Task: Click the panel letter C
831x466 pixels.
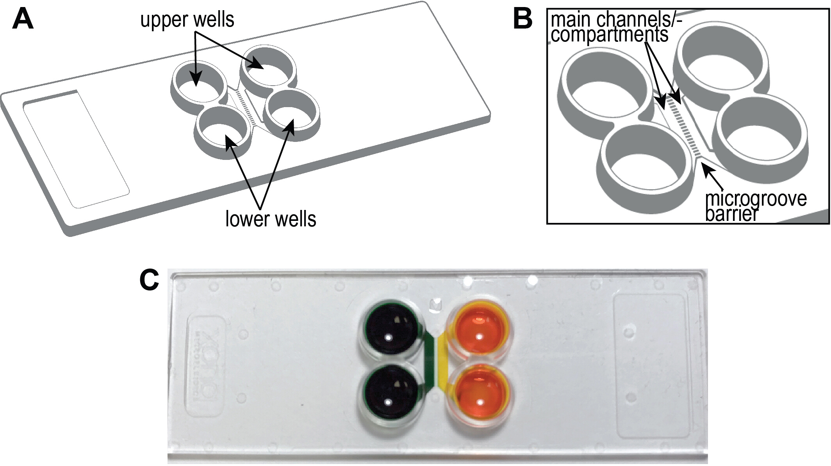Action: pos(149,280)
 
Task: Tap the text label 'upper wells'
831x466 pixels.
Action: pos(187,20)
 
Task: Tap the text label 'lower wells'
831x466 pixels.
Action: pos(271,219)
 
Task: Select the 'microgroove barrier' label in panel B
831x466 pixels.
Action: pos(755,206)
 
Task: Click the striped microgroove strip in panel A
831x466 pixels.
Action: pos(246,108)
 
